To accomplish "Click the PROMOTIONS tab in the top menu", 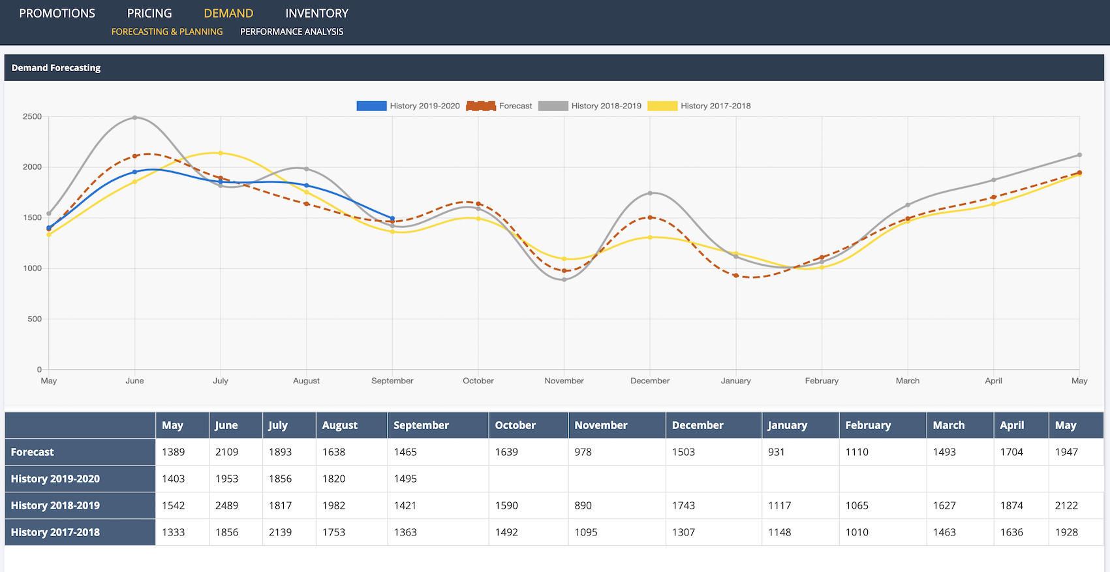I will [57, 14].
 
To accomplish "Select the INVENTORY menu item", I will [316, 14].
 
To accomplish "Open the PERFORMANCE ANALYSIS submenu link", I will [291, 31].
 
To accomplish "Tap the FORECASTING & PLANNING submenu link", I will [167, 31].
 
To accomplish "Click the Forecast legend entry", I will [499, 106].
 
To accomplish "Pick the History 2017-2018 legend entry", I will [699, 106].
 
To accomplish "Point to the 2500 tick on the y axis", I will [32, 116].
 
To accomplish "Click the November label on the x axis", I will [564, 381].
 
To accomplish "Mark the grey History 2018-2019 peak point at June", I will [134, 118].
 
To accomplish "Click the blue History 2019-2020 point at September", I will [392, 218].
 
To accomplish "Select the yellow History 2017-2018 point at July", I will [221, 153].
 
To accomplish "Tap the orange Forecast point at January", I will [736, 276].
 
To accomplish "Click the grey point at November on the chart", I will [564, 279].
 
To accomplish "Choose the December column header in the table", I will [698, 425].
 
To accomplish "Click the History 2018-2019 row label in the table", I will [55, 505].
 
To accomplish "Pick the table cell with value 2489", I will [226, 505].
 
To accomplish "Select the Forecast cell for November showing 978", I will [583, 452].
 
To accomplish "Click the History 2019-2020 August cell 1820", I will [333, 479].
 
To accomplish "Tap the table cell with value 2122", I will [1066, 505].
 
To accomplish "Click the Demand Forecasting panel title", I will [56, 68].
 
